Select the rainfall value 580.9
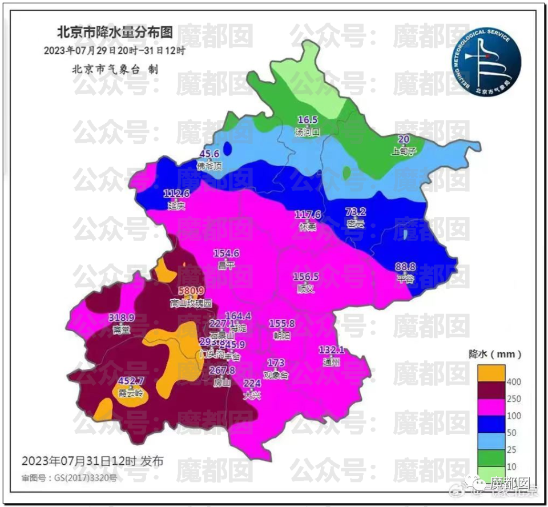191,291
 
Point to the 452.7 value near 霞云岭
131,381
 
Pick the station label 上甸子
404,151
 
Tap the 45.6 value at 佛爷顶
209,154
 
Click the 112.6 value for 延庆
176,193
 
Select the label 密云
355,224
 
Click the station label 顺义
306,288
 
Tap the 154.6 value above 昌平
226,253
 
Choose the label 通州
332,361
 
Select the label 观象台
276,375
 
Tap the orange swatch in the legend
491,373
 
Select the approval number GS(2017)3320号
68,477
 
